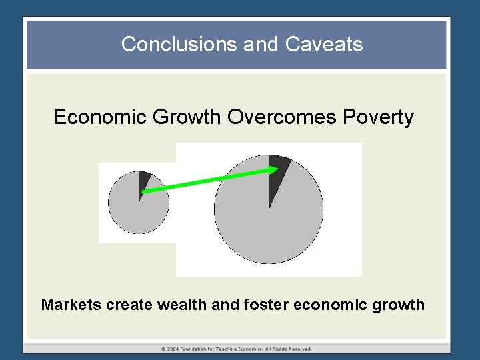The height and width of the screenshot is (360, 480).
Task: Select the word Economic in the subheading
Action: click(x=101, y=117)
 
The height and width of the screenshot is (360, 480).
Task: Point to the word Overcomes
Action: click(x=282, y=117)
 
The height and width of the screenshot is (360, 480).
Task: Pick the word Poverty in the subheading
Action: click(x=379, y=117)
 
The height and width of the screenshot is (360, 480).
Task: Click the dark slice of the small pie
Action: click(x=143, y=181)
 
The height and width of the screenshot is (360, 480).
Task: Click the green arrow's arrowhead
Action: click(x=273, y=171)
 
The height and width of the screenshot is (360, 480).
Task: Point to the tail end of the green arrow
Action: click(x=145, y=191)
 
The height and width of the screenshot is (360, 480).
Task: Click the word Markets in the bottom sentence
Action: click(x=71, y=305)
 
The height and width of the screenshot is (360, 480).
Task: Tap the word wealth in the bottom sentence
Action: click(x=181, y=305)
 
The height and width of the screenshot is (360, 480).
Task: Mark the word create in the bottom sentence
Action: click(x=129, y=305)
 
